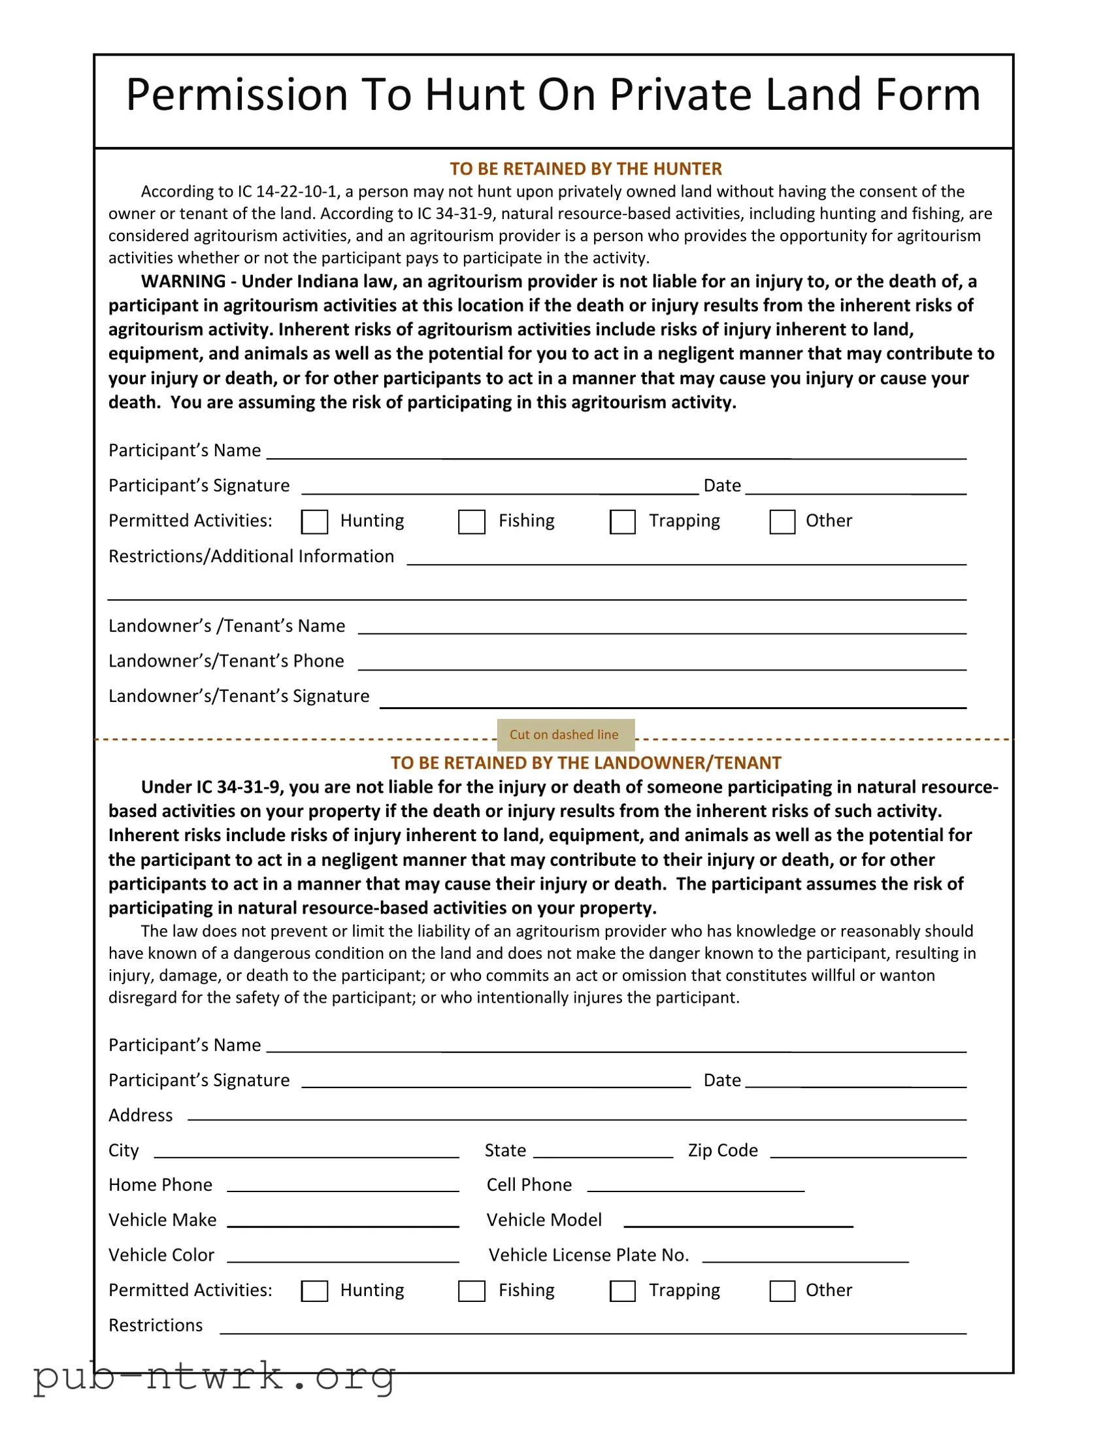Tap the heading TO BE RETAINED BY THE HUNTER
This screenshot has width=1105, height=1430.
pyautogui.click(x=585, y=169)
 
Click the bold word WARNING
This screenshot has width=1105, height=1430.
pyautogui.click(x=183, y=282)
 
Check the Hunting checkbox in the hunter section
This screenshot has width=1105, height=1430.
pyautogui.click(x=314, y=522)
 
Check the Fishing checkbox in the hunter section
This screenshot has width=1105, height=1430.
pyautogui.click(x=471, y=522)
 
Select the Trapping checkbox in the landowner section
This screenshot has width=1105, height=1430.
pyautogui.click(x=623, y=1291)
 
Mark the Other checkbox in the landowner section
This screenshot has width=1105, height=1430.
pyautogui.click(x=782, y=1291)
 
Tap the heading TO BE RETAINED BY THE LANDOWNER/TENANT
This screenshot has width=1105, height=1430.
pyautogui.click(x=585, y=763)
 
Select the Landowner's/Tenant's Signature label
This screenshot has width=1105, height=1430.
pyautogui.click(x=239, y=696)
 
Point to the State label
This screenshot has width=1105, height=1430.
pyautogui.click(x=504, y=1150)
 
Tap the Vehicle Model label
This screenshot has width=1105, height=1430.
pyautogui.click(x=544, y=1220)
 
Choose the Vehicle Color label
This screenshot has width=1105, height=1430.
pyautogui.click(x=161, y=1255)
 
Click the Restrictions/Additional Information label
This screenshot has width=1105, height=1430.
pyautogui.click(x=252, y=557)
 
